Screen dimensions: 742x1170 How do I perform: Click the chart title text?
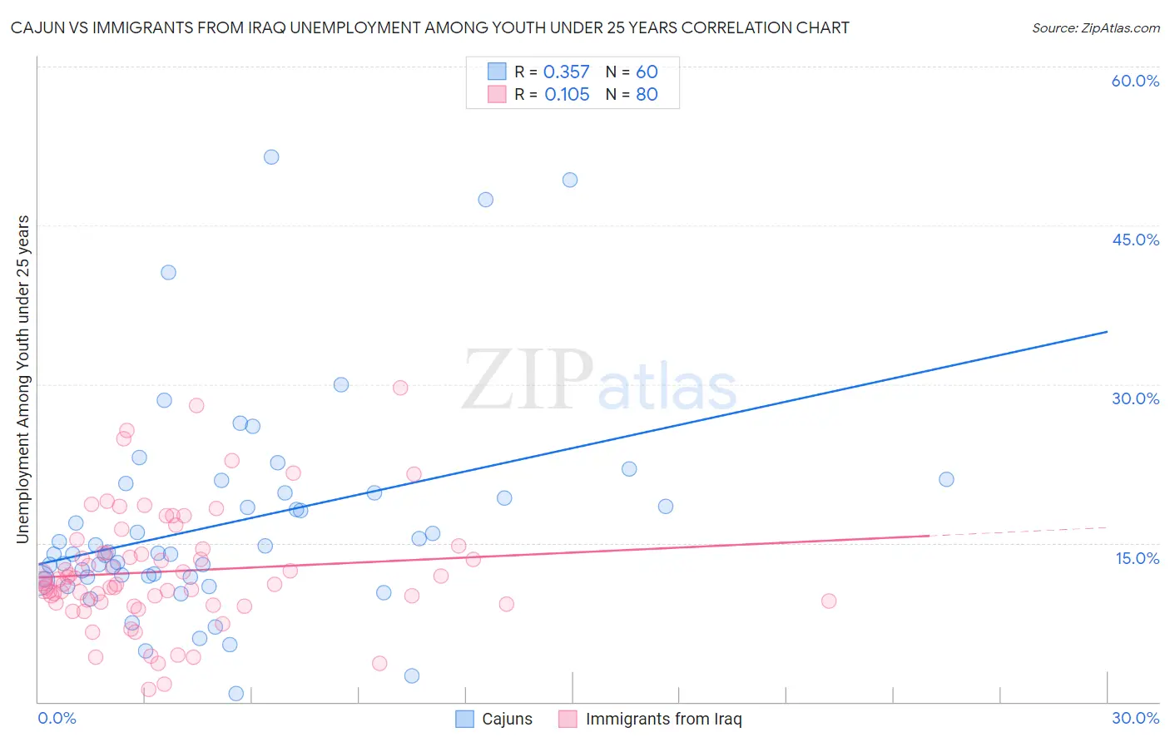(429, 27)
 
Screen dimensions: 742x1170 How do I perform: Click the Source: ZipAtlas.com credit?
(1095, 27)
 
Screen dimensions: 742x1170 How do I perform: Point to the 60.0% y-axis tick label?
(1135, 81)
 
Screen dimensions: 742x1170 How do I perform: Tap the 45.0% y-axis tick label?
(1135, 240)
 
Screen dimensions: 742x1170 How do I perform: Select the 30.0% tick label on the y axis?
(1135, 398)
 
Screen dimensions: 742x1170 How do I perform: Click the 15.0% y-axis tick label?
(1137, 557)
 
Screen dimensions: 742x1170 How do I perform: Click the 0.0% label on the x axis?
(57, 718)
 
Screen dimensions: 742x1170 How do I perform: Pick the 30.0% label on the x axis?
(1135, 718)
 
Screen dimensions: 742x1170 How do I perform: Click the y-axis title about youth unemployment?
(23, 379)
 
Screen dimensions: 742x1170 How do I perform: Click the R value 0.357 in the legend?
(566, 72)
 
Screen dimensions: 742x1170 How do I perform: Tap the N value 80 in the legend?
(647, 95)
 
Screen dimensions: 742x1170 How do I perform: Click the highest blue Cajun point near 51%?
(271, 157)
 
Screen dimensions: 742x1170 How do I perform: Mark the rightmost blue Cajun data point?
(946, 479)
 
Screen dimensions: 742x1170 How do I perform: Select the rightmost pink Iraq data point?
(829, 601)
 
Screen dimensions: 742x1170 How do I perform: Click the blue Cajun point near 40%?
(168, 272)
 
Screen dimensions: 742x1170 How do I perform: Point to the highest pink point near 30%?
(400, 388)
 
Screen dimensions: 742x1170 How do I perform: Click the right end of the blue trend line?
(1107, 332)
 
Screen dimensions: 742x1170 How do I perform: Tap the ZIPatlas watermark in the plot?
(599, 381)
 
